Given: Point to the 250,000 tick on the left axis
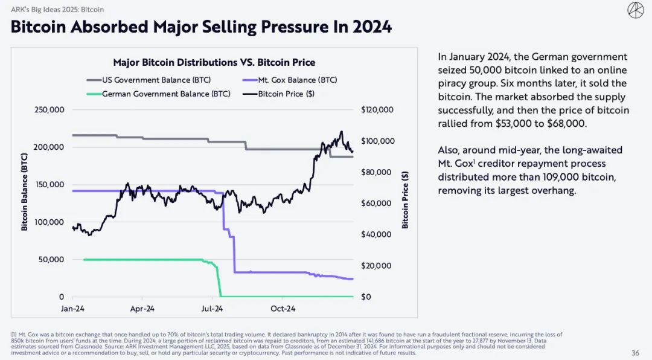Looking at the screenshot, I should pyautogui.click(x=48, y=110).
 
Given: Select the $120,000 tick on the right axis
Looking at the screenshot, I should pyautogui.click(x=377, y=110).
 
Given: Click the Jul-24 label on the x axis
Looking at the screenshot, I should pyautogui.click(x=212, y=309).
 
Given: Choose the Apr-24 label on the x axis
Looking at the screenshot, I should pyautogui.click(x=142, y=309).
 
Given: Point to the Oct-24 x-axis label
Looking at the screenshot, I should pyautogui.click(x=282, y=309).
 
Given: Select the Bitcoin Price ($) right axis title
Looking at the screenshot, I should pyautogui.click(x=405, y=199).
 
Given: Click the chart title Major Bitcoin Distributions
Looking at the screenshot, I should pyautogui.click(x=214, y=63).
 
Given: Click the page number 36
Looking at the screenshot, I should pyautogui.click(x=635, y=353).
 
